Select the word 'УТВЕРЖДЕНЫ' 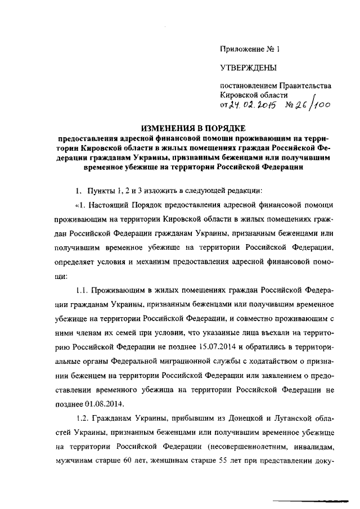click(248, 69)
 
